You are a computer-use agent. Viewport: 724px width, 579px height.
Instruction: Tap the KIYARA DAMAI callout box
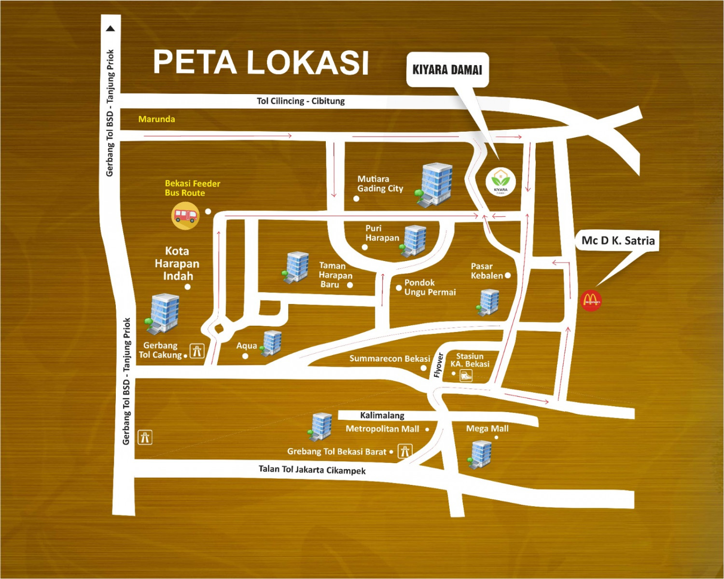(x=447, y=70)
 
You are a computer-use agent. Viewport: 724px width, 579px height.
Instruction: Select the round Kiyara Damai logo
(x=501, y=182)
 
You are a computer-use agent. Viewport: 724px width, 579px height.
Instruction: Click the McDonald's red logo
(x=591, y=300)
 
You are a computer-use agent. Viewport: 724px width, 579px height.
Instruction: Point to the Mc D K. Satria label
(x=618, y=240)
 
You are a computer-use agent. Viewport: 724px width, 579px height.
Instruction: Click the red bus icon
(x=185, y=216)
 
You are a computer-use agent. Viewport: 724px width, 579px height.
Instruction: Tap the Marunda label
(x=156, y=119)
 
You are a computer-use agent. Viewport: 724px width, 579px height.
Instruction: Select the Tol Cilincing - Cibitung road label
(x=301, y=101)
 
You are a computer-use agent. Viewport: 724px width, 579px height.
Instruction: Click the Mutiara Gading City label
(x=380, y=184)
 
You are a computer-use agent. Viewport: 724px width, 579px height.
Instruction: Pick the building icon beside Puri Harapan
(x=414, y=240)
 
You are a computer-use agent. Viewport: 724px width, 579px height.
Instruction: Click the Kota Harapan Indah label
(x=177, y=263)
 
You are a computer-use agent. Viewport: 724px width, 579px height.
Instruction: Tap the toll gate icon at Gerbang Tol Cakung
(x=197, y=351)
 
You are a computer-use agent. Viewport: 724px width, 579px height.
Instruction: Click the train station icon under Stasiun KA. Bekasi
(x=466, y=375)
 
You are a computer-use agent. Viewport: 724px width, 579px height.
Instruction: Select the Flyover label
(x=438, y=365)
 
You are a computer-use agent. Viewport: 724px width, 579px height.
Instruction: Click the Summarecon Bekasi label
(x=390, y=358)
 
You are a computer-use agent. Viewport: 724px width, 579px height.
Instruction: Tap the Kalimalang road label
(x=382, y=415)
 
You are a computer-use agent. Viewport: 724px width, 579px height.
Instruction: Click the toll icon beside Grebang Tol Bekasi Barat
(x=404, y=452)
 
